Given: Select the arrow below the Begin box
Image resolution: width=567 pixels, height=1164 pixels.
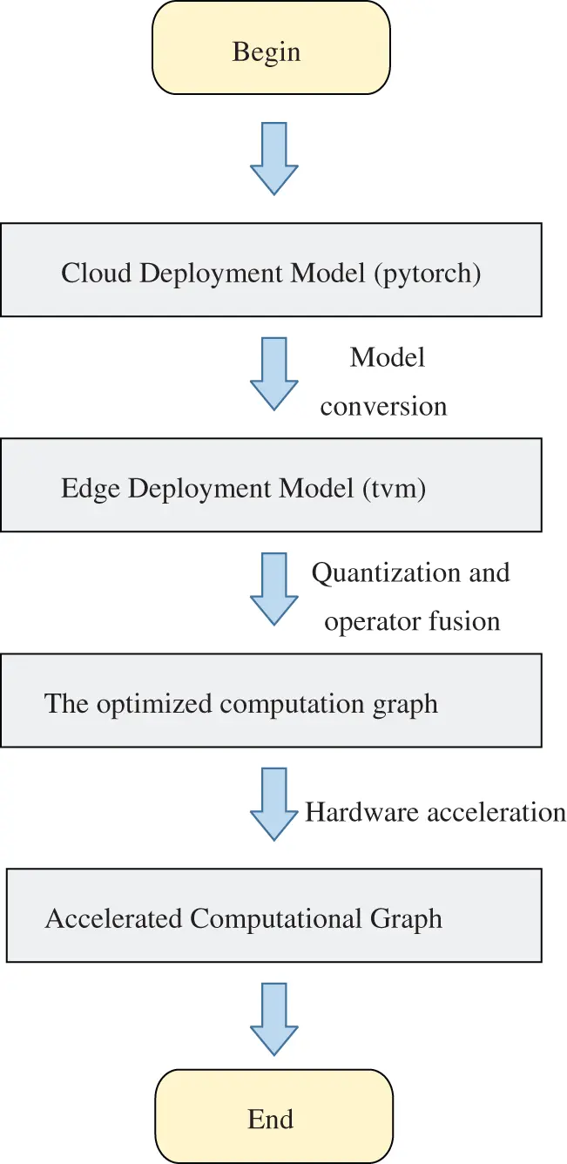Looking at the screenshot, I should tap(274, 159).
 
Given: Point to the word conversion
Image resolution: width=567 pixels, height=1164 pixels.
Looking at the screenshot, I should tap(383, 406).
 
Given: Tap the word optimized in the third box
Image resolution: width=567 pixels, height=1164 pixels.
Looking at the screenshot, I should tap(152, 703).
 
